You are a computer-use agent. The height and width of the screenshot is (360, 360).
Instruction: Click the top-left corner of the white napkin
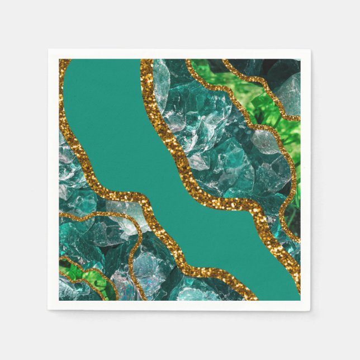tap(49, 50)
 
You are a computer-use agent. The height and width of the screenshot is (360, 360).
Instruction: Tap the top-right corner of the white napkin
tap(310, 50)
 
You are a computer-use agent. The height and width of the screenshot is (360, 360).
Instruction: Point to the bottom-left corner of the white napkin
tap(49, 310)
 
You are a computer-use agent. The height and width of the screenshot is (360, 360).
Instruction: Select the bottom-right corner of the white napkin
tap(310, 310)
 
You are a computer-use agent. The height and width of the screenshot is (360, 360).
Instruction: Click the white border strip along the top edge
tap(179, 54)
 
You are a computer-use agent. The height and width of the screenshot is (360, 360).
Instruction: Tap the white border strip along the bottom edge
tap(179, 305)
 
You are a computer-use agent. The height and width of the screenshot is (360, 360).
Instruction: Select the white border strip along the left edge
tap(54, 179)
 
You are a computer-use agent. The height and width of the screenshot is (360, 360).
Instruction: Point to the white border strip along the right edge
tap(305, 179)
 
